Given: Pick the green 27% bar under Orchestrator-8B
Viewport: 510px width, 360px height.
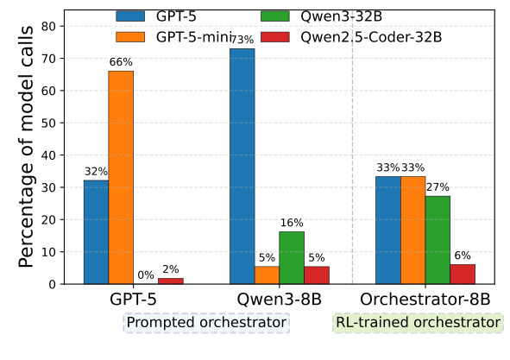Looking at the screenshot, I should point(438,239).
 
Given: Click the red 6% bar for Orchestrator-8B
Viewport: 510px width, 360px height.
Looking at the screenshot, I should point(463,274).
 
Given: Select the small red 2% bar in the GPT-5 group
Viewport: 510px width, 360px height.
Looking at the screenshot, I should point(170,281).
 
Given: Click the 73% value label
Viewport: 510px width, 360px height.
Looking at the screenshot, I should point(242,40).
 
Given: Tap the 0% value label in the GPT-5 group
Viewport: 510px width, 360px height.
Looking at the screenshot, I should point(145,275).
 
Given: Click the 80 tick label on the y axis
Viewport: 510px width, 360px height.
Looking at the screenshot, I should point(49,26).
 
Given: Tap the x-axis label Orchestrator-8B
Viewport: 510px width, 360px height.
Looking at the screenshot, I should point(425,299).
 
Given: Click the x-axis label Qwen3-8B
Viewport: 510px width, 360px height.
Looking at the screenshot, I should point(267,299).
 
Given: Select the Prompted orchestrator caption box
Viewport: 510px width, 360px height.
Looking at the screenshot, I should point(205,323).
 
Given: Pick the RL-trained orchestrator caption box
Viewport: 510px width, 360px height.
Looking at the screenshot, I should point(417,323).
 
